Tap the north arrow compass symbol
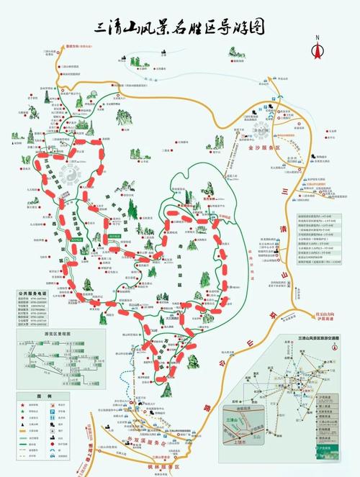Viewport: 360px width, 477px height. pos(316,48)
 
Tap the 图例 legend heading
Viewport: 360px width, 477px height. pos(35,396)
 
